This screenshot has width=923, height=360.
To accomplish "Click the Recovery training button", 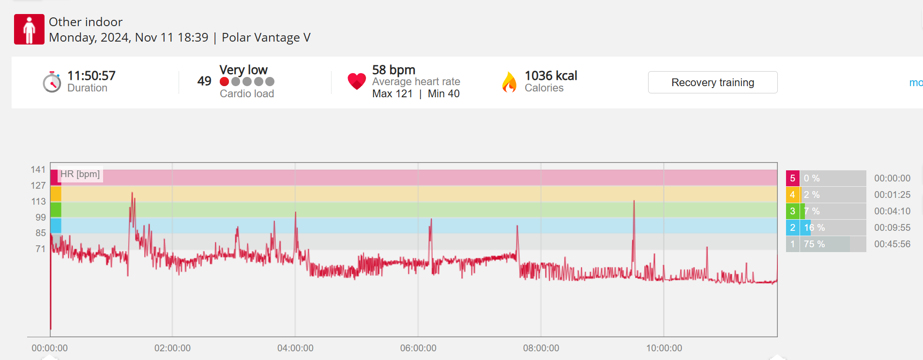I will [x=712, y=82].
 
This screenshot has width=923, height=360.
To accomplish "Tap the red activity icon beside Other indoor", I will [x=29, y=30].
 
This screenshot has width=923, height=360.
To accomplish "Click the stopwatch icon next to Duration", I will [x=52, y=82].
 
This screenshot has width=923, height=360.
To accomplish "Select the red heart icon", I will [x=357, y=81].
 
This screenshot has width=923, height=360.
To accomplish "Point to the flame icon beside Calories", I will [x=509, y=82].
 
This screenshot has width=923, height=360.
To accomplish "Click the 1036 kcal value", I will [x=551, y=75].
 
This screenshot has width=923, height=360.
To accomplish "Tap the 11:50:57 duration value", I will [x=91, y=75].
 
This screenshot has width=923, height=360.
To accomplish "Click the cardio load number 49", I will [x=204, y=81].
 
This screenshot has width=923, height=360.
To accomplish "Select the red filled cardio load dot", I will [x=224, y=82].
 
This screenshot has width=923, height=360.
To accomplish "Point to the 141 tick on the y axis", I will [x=38, y=169].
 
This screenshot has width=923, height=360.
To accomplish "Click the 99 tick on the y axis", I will [x=41, y=217].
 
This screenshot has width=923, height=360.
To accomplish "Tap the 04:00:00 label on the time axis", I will [x=295, y=348].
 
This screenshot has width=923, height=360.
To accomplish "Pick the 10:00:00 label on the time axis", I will [x=664, y=348].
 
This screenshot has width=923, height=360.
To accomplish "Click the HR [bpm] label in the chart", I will [x=80, y=174].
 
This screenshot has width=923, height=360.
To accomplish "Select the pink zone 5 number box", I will [x=792, y=179].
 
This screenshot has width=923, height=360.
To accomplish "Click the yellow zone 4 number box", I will [x=792, y=195].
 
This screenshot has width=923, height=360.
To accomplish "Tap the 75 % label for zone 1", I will [x=814, y=244].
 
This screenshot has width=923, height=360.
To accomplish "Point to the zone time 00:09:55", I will [x=892, y=228].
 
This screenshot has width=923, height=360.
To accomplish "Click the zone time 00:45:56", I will [x=892, y=244].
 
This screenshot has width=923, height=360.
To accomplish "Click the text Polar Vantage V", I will [x=266, y=38].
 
